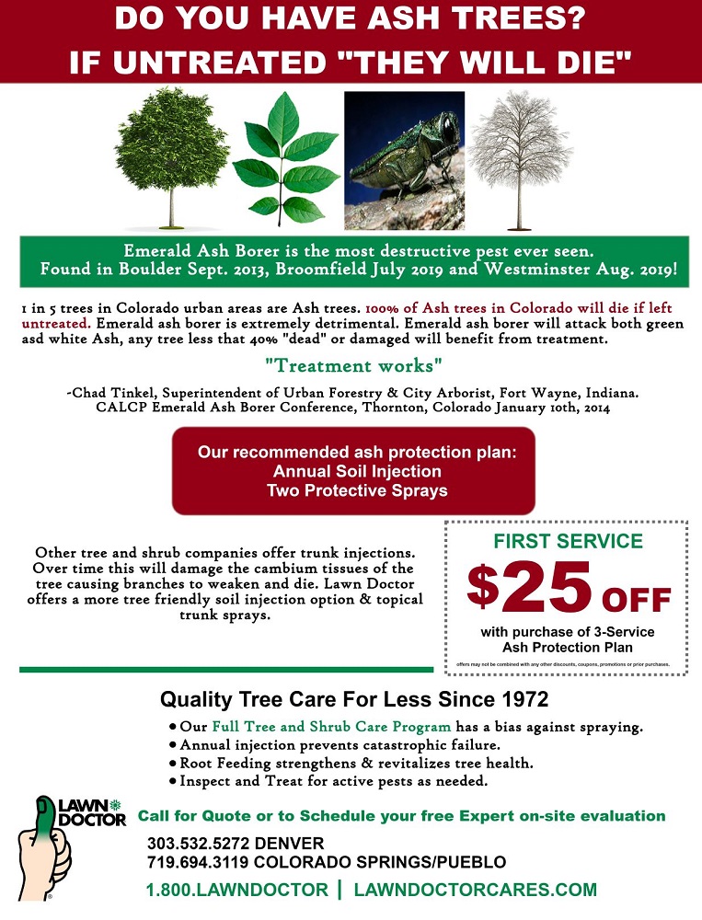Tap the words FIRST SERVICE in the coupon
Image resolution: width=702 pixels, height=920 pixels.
(569, 541)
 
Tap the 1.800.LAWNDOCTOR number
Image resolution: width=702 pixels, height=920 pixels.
(236, 890)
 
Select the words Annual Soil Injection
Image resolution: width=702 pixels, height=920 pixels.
(356, 471)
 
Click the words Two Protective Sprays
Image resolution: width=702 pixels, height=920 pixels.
(356, 489)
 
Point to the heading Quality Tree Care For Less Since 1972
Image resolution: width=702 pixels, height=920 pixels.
(354, 699)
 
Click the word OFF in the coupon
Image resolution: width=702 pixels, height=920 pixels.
(637, 601)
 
